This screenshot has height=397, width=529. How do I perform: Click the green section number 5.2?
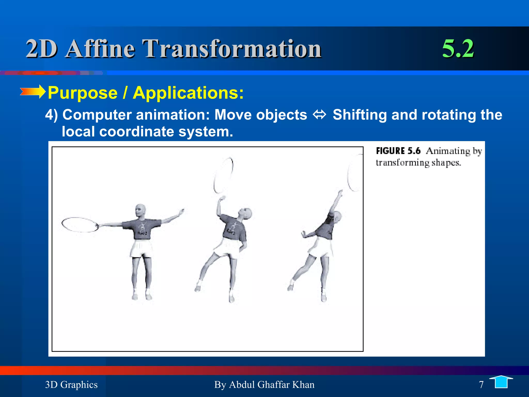point(458,49)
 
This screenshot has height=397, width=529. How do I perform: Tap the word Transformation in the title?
point(232,49)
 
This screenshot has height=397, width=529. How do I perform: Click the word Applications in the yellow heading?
point(188,93)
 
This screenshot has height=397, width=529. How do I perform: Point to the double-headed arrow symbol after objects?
point(320,114)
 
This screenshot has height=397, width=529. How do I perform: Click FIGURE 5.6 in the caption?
point(398,151)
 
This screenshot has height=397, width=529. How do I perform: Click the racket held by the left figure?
point(80,224)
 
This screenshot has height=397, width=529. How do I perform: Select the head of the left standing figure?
point(140,211)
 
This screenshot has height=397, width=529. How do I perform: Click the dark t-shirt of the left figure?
point(142,229)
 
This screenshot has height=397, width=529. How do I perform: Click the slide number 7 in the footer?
point(481,385)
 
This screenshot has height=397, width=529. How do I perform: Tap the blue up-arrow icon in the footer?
point(501,382)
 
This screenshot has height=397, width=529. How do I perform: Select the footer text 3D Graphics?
point(71,385)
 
